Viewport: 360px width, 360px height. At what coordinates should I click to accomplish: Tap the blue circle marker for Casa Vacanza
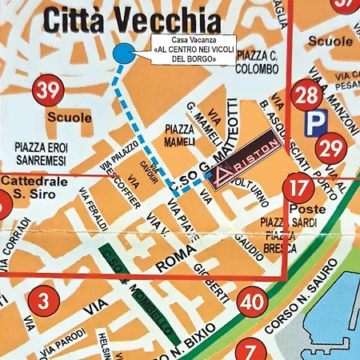point(123,54)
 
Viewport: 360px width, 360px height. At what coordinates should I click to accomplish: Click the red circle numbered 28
point(306,97)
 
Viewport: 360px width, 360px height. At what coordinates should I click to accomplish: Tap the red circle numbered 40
point(252,302)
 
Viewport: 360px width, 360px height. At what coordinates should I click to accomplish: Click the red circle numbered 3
point(42,302)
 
